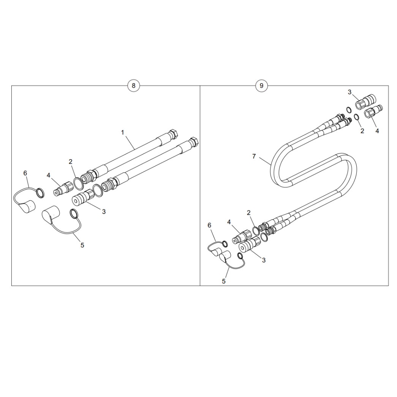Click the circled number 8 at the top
pyautogui.click(x=133, y=85)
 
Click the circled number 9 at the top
pyautogui.click(x=261, y=85)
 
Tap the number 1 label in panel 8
pyautogui.click(x=123, y=133)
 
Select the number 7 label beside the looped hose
pyautogui.click(x=254, y=157)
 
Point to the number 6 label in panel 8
pyautogui.click(x=25, y=173)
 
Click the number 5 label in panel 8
pyautogui.click(x=82, y=245)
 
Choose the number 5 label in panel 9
pyautogui.click(x=223, y=281)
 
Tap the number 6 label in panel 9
pyautogui.click(x=209, y=225)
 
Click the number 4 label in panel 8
pyautogui.click(x=48, y=175)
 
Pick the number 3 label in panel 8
pyautogui.click(x=104, y=212)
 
